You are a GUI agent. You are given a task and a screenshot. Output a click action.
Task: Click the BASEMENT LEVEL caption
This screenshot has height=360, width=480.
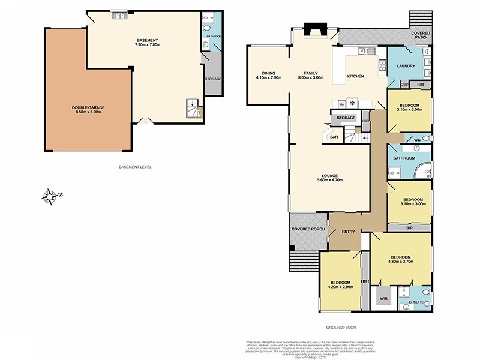tap(135, 166)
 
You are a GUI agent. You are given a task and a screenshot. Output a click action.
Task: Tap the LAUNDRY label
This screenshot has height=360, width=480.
tap(406, 65)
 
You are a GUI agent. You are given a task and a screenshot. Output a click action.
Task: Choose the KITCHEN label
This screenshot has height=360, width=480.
tap(355, 76)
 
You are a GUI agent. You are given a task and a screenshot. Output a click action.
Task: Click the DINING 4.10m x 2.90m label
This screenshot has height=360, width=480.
tap(268, 76)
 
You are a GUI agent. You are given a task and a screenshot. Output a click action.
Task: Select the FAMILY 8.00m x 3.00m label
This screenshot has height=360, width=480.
tap(310, 76)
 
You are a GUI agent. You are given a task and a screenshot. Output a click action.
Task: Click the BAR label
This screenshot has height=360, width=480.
tap(334, 137)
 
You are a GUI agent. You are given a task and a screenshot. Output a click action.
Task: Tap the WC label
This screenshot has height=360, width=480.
tap(417, 140)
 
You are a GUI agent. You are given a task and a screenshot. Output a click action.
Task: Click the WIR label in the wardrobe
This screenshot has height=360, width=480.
tap(383, 297)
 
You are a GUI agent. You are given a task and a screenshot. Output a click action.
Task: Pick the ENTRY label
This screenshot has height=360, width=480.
tap(348, 232)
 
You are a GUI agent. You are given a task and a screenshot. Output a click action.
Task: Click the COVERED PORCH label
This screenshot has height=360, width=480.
tap(308, 229)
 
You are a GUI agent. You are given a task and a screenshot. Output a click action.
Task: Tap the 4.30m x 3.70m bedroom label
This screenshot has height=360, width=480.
tap(401, 259)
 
